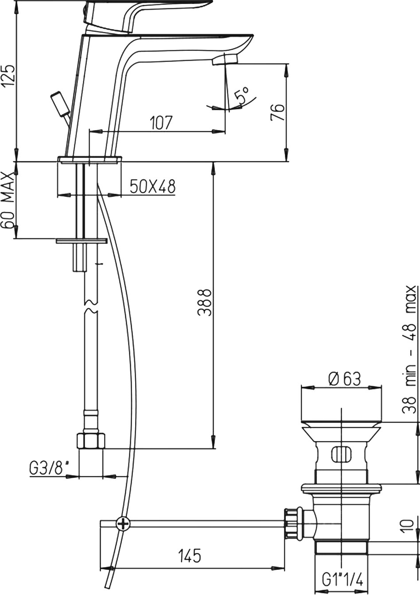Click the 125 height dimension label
pyautogui.click(x=8, y=75)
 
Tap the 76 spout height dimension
pyautogui.click(x=278, y=112)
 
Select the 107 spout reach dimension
pyautogui.click(x=162, y=123)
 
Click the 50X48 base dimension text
pyautogui.click(x=153, y=186)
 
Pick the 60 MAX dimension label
pyautogui.click(x=8, y=200)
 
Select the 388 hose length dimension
pyautogui.click(x=205, y=303)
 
